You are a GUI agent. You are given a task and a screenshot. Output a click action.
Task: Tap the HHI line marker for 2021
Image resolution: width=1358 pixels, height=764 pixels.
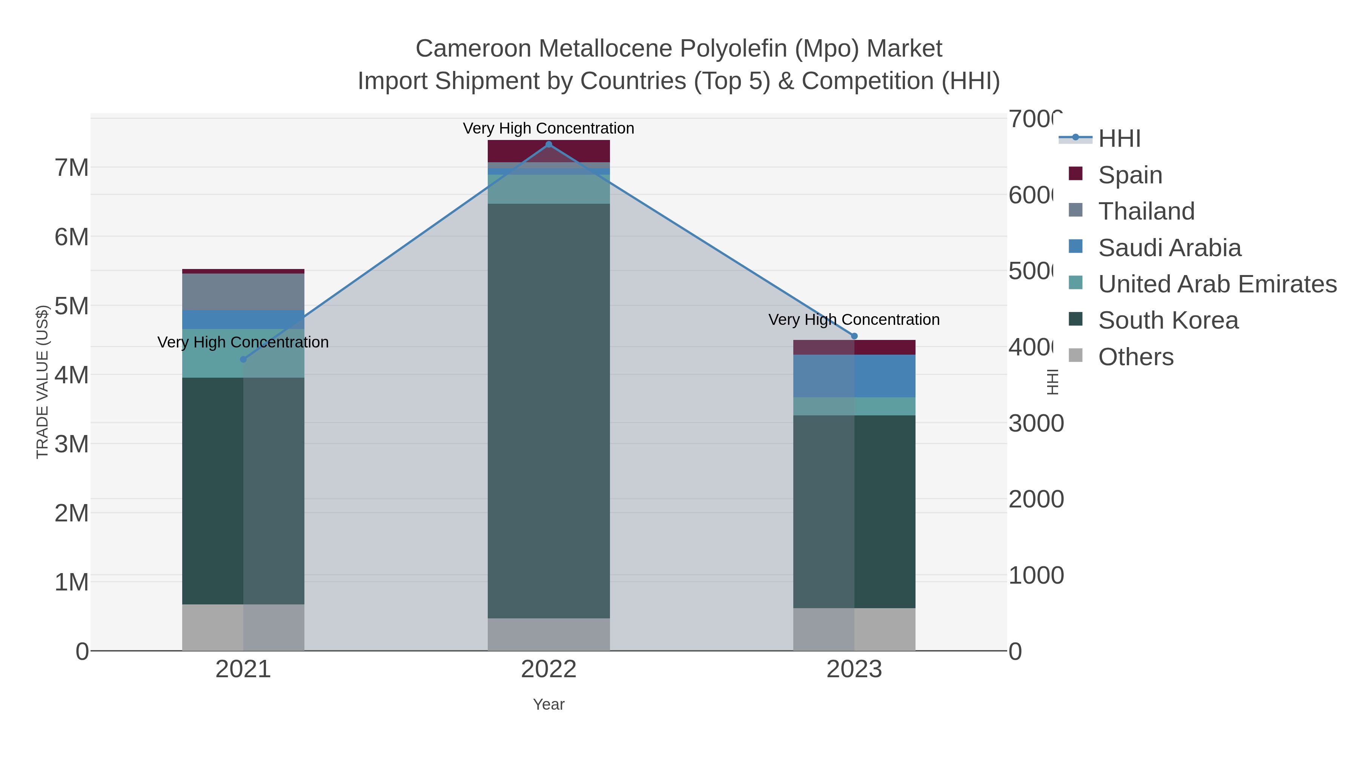pos(243,360)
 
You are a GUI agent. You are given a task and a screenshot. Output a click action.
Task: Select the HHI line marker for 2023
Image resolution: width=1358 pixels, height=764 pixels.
pos(854,336)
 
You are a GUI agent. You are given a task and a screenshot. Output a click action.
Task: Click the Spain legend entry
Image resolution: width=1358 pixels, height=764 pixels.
pos(1130,175)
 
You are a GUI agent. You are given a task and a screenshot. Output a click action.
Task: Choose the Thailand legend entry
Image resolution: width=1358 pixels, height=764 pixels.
pos(1146,211)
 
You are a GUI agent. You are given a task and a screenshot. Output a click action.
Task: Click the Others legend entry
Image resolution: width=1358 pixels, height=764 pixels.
pos(1135,357)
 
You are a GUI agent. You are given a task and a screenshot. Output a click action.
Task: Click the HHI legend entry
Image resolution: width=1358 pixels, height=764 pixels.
pos(1119,139)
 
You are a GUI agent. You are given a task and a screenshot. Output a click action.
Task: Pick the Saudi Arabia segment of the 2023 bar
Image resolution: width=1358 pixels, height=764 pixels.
pos(854,375)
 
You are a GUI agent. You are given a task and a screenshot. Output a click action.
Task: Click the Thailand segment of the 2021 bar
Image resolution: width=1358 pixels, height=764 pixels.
pos(243,292)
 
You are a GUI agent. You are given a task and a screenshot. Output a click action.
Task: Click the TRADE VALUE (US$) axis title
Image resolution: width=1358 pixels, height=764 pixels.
pos(42,382)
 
